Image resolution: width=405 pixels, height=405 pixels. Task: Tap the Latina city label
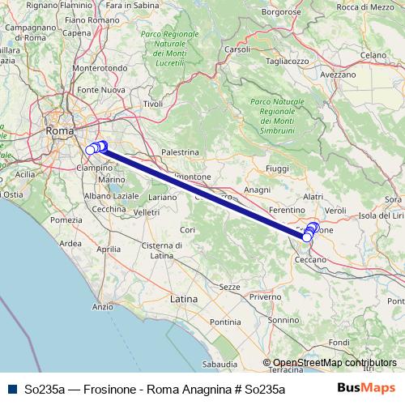tap(184, 299)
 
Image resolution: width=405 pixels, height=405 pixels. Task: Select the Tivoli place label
tap(152, 104)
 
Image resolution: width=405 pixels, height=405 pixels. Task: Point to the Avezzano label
tap(338, 74)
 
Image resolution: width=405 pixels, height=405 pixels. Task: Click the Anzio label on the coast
tap(103, 307)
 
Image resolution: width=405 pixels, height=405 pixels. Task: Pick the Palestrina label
tap(180, 151)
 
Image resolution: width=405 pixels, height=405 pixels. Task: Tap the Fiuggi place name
tap(276, 168)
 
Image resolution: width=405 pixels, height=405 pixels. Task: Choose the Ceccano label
tap(309, 259)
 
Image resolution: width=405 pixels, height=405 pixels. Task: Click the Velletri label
tap(147, 212)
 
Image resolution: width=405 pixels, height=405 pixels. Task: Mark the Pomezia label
tap(66, 220)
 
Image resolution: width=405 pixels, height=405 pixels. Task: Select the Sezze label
tap(230, 287)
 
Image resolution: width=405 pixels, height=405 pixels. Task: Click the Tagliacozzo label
tap(288, 61)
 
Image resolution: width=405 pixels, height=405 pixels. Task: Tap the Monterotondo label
tap(100, 68)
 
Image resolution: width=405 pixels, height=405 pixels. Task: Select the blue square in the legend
tap(11, 389)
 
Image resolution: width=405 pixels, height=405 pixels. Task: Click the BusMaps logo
tap(365, 388)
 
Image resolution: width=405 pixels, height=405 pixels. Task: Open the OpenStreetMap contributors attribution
tap(335, 363)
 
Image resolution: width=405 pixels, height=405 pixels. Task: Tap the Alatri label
tap(312, 197)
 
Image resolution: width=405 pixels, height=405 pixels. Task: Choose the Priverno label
tap(265, 297)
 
